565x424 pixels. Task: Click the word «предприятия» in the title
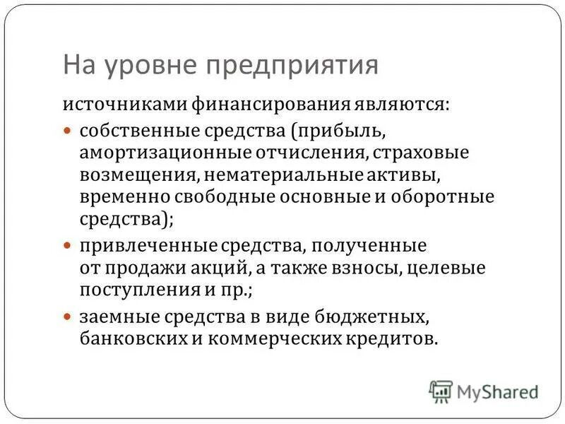292,64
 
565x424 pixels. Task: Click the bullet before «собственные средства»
69,131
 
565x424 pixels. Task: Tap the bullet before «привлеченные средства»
69,247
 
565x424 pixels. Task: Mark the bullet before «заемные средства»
69,316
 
